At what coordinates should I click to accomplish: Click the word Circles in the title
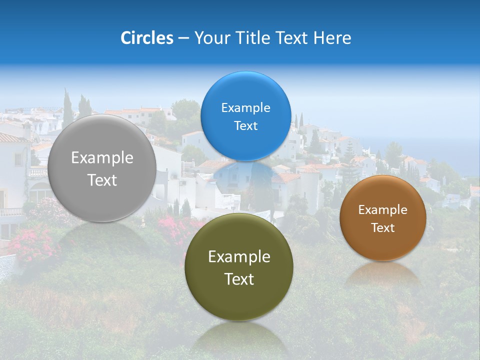(x=146, y=38)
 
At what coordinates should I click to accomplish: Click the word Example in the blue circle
(x=245, y=107)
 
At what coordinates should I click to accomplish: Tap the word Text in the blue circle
(x=245, y=125)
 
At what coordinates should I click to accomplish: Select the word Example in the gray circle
(x=102, y=158)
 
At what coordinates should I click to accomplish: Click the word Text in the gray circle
(x=102, y=180)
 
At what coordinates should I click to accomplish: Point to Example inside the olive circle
(x=239, y=257)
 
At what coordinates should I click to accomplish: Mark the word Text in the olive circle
(x=239, y=279)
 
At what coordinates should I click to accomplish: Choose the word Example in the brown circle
(x=382, y=209)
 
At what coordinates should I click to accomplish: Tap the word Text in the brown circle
(x=382, y=227)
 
